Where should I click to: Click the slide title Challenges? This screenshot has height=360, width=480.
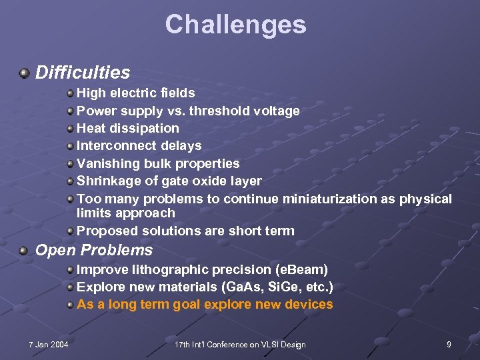point(235,25)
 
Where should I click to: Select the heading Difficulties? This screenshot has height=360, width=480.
point(82,72)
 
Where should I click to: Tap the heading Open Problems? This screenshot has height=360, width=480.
point(93,251)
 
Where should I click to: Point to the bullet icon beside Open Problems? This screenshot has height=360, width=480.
point(25,251)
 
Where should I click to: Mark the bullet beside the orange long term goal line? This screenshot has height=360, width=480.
point(70,305)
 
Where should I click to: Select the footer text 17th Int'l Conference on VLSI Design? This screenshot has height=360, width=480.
point(239,344)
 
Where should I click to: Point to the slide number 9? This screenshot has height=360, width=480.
point(449,344)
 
